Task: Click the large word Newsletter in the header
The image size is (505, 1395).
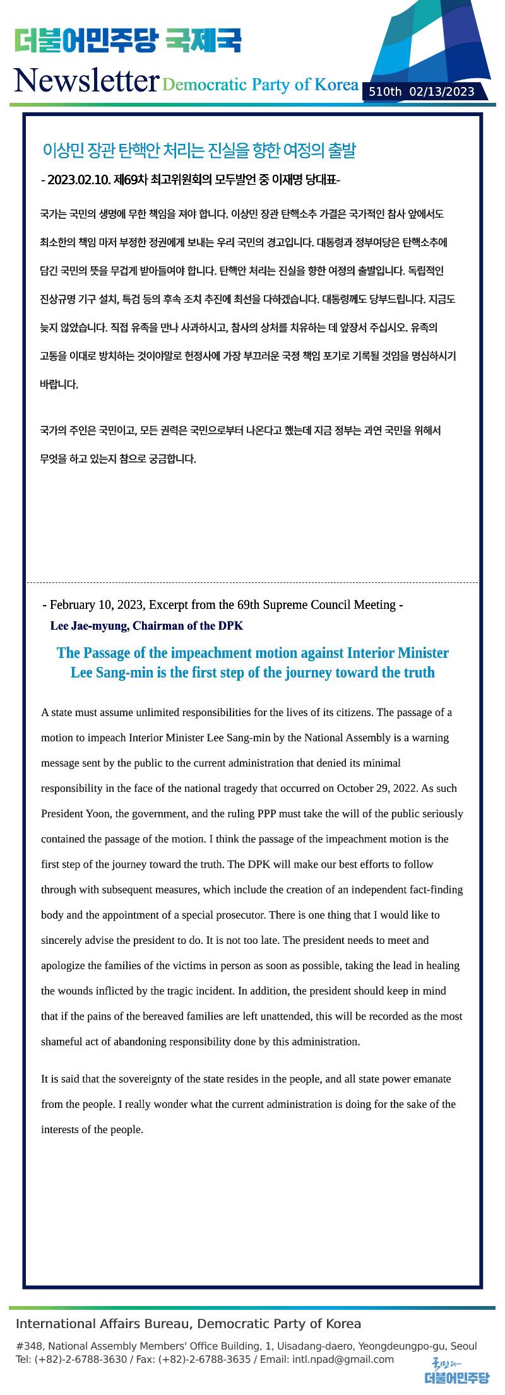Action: point(86,81)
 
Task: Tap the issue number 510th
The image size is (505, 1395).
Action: point(385,92)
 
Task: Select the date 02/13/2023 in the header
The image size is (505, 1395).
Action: point(442,92)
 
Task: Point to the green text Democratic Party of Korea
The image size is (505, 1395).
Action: point(260,85)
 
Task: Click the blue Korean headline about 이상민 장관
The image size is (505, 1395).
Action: point(199,151)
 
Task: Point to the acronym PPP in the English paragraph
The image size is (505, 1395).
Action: point(266,813)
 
